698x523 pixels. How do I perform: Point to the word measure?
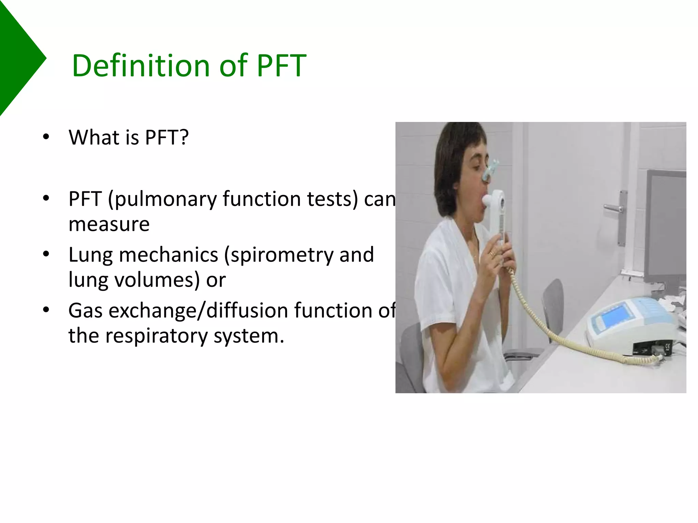click(109, 225)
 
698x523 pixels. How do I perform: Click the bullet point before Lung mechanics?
click(46, 254)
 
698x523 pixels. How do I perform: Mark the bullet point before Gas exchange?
click(46, 310)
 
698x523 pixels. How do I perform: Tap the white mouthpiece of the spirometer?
click(491, 201)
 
